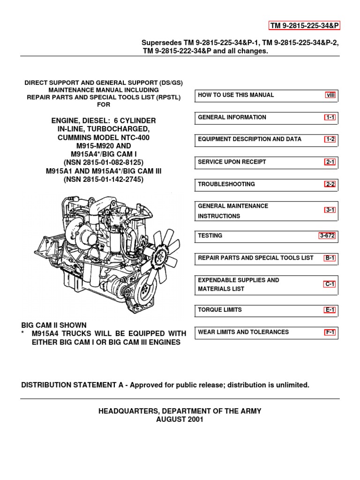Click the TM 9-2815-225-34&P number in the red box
(304, 25)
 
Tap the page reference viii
(331, 95)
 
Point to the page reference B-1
(330, 258)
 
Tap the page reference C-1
(330, 284)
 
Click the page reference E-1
(330, 310)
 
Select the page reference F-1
(330, 332)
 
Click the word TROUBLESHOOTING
(226, 184)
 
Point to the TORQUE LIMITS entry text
(220, 310)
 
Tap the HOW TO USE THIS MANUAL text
(236, 95)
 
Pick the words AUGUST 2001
(180, 420)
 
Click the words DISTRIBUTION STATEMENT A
(75, 385)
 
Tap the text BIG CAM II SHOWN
(54, 325)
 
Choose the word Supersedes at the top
(160, 43)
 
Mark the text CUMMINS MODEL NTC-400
(103, 138)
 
